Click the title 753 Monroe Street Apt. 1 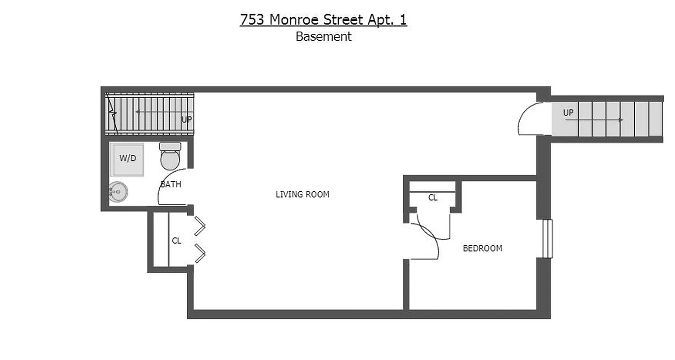[323, 20]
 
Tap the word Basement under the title [323, 37]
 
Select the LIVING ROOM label [302, 194]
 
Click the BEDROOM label [482, 248]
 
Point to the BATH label [171, 184]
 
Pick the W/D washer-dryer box [128, 159]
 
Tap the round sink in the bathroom [118, 192]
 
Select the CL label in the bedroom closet [432, 198]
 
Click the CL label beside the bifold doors [176, 241]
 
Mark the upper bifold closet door [199, 226]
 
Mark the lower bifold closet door [199, 253]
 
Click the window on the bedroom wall [547, 238]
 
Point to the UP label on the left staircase [186, 120]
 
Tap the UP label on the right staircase [568, 112]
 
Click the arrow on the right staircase [598, 120]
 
